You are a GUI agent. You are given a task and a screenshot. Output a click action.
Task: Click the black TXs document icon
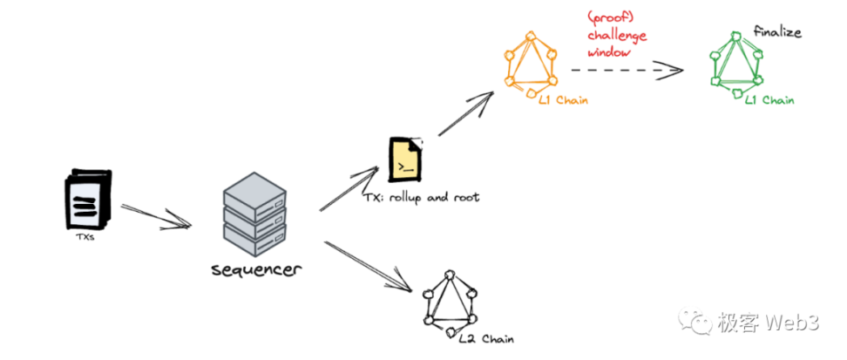87,198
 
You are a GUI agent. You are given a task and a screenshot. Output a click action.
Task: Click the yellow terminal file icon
405,160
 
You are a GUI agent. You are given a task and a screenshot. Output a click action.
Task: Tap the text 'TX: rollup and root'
422,198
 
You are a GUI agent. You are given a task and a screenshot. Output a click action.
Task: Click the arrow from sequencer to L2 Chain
366,265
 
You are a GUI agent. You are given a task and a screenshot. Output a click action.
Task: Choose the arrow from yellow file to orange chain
465,115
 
